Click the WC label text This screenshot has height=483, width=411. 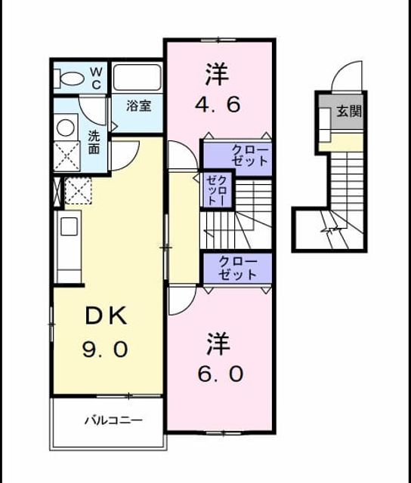[96, 78]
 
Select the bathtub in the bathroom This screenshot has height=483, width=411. [138, 78]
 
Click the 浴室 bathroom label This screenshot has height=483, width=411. [138, 106]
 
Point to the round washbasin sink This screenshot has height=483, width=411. [66, 128]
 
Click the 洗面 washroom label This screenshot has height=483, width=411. [94, 142]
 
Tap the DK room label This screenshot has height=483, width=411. [106, 315]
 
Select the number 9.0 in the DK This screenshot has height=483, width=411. [105, 349]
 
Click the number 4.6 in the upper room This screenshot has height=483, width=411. [218, 105]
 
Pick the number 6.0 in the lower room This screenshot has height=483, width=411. [221, 374]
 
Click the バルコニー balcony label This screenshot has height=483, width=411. [113, 420]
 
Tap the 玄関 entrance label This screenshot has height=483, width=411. [349, 111]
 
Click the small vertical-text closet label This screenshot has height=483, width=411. [218, 190]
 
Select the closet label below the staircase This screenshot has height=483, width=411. [238, 269]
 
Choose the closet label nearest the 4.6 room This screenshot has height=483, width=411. [250, 156]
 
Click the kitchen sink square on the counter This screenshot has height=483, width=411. [69, 226]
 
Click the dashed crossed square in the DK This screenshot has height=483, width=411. [78, 191]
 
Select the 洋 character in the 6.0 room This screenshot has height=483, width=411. [218, 343]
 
